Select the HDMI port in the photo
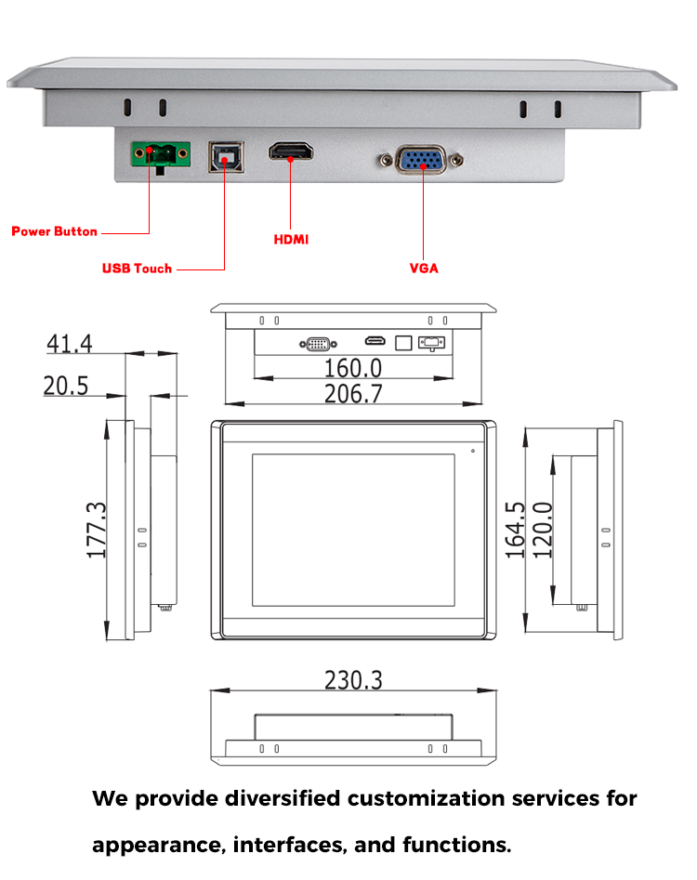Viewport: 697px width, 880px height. tap(292, 151)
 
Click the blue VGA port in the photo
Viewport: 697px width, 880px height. tap(422, 161)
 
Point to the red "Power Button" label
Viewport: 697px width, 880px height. tap(54, 231)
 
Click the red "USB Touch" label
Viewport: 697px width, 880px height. tap(137, 269)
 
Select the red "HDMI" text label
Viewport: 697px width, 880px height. tap(291, 240)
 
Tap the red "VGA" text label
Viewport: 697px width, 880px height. tap(424, 269)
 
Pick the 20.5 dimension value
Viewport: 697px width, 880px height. tap(66, 385)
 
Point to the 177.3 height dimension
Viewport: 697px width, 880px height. tap(97, 530)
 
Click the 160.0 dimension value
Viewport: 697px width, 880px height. tap(353, 368)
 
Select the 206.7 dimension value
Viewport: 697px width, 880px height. tap(353, 394)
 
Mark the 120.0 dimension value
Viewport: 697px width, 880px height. tap(542, 530)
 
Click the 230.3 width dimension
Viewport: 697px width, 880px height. tap(353, 680)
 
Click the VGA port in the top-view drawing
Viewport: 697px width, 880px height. tap(315, 343)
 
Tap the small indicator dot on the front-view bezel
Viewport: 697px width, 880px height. tap(472, 452)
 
